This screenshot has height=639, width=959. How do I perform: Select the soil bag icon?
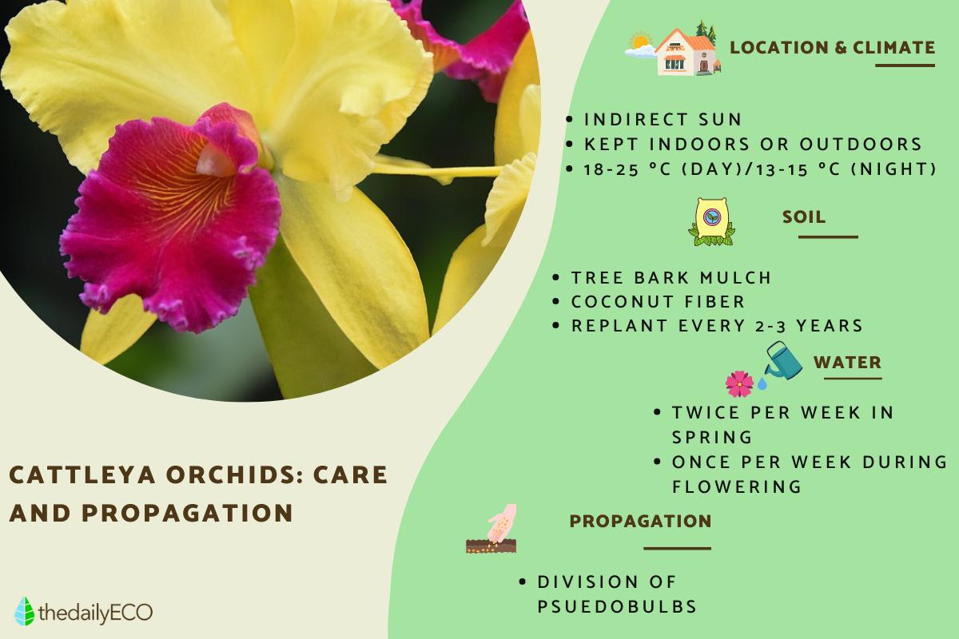coord(711,222)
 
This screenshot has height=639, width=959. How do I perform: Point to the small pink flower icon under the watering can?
coord(739,384)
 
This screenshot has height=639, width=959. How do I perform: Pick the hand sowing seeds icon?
coord(492,529)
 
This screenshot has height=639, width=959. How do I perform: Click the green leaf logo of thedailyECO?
coord(25,611)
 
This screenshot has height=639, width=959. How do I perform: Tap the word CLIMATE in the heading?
coord(894,47)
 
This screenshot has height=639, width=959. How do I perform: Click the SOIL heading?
coord(804,217)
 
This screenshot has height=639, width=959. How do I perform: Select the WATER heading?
coord(847,363)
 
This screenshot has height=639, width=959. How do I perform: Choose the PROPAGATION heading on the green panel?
coord(640,522)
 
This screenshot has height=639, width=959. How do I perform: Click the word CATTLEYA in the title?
coord(82,475)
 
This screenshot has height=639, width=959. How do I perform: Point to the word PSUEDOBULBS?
coord(617,606)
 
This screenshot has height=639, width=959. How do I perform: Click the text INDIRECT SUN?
coord(663,119)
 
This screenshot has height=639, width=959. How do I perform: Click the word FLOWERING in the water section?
coord(736,486)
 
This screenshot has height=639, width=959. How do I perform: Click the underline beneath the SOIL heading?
coord(828,236)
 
